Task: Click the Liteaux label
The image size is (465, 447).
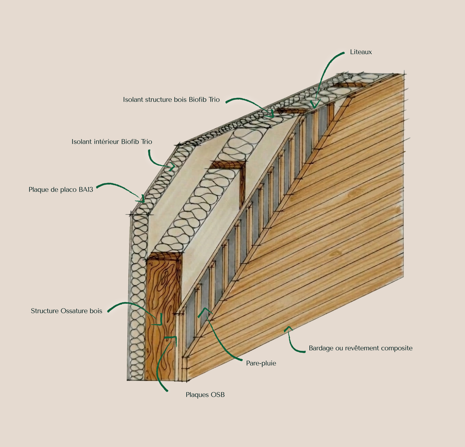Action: tap(361, 52)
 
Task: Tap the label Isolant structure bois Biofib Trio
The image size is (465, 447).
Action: tap(171, 100)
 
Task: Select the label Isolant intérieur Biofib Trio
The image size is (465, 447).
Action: tap(112, 142)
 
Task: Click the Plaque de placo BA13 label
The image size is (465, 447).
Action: tap(61, 190)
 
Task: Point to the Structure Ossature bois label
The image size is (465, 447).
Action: tap(66, 311)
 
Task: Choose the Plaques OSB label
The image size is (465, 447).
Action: tap(205, 395)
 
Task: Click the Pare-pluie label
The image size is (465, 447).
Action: tap(261, 363)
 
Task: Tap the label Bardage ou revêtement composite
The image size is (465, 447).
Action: tap(360, 348)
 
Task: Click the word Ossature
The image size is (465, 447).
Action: tap(74, 311)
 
